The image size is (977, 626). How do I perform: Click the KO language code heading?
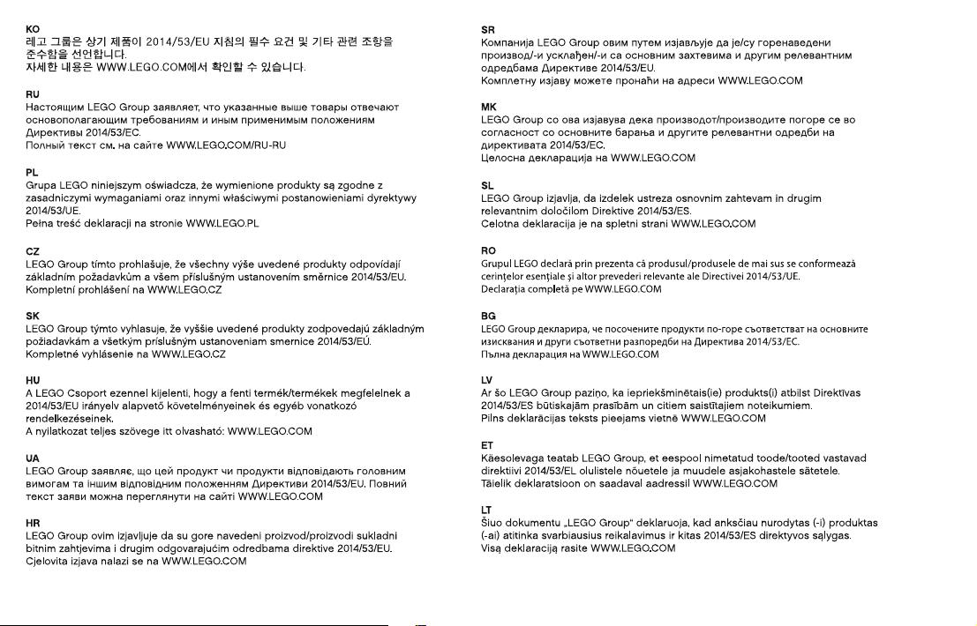[33, 29]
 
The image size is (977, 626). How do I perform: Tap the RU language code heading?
[33, 93]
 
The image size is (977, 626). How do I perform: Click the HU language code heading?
[33, 380]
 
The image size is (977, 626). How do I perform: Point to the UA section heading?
[33, 458]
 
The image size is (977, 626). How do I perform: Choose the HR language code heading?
[33, 523]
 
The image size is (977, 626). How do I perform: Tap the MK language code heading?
[489, 107]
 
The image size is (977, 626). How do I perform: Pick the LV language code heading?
[487, 380]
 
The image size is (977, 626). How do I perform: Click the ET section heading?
[487, 445]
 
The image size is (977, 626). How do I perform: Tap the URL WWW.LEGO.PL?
[222, 224]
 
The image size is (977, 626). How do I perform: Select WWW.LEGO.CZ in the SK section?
[189, 354]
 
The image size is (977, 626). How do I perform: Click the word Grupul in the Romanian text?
[495, 264]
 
